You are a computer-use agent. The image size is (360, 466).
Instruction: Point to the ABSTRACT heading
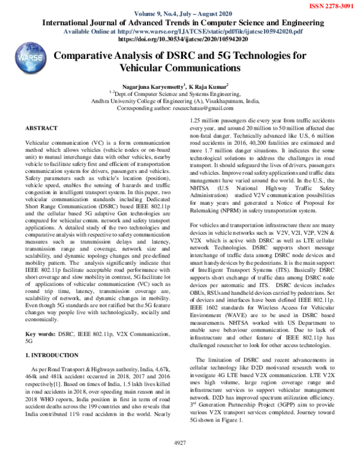click(41, 129)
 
